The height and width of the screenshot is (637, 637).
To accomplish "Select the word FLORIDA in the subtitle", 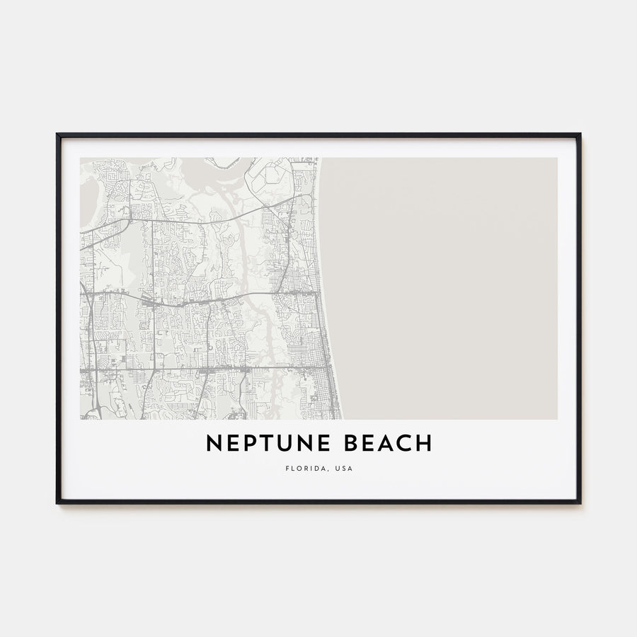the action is click(302, 469).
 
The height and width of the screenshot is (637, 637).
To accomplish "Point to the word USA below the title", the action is click(343, 469).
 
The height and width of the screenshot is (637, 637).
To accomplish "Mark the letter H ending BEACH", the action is click(424, 444).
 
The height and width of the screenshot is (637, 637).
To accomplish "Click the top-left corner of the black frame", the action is click(57, 134).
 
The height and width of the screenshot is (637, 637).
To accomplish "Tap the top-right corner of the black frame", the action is click(580, 134).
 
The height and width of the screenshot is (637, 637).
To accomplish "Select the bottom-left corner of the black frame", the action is click(57, 503).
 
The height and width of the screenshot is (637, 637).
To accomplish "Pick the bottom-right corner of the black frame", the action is click(580, 503).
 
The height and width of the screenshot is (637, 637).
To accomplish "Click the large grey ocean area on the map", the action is click(446, 283).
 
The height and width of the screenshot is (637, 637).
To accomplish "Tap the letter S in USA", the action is click(343, 469).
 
